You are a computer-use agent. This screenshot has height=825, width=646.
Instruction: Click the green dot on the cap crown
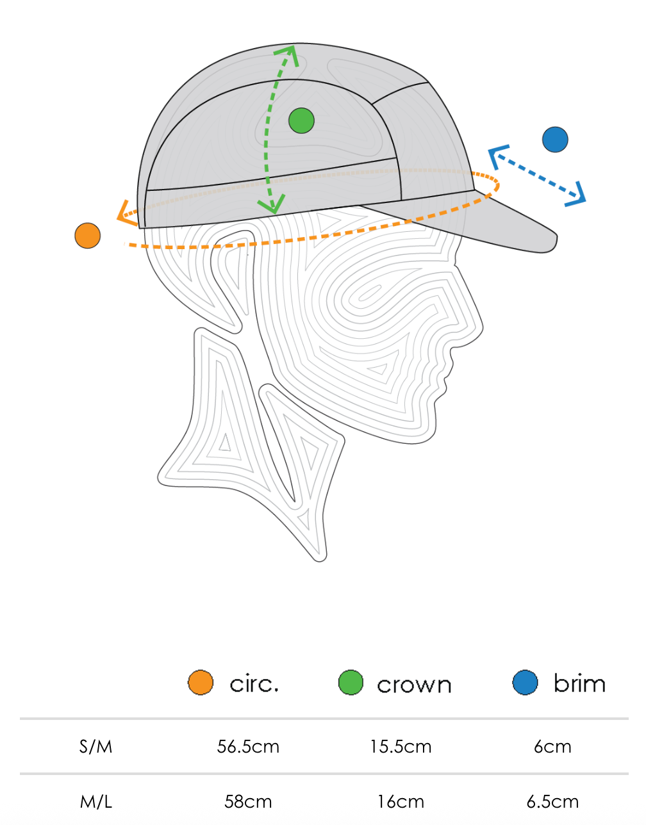301,120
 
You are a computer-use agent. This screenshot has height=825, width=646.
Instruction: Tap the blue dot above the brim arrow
555,140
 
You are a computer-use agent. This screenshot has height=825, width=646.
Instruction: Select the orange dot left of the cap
88,236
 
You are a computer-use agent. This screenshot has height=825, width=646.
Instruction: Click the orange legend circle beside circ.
201,683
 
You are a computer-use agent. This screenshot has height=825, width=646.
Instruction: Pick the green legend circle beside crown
351,683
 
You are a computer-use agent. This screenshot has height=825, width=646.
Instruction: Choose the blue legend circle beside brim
525,683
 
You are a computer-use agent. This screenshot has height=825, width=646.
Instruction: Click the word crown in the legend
414,685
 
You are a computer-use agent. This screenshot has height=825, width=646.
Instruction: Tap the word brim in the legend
579,683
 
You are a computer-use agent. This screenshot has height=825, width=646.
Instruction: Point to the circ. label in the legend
254,684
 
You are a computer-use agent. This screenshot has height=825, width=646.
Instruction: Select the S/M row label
96,746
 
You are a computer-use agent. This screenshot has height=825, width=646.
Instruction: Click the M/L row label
96,801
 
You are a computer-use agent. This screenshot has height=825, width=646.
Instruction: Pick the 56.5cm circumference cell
248,746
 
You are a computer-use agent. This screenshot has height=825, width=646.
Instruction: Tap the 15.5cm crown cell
401,746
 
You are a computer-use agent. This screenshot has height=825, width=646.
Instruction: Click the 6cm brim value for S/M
552,746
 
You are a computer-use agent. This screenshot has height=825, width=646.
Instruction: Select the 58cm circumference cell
248,801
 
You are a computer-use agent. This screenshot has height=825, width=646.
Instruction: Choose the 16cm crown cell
401,801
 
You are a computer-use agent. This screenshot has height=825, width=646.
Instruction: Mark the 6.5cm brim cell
552,801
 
